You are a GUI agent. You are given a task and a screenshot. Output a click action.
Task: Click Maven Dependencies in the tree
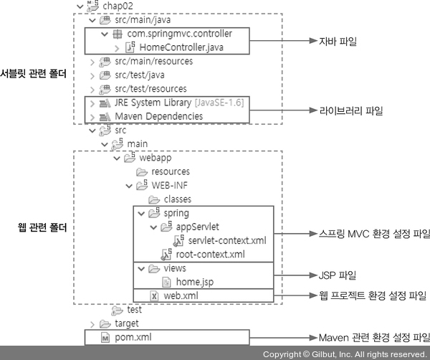pos(158,116)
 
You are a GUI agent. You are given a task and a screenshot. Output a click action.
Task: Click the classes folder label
pos(177,199)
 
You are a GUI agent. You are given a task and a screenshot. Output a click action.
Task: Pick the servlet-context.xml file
pos(222,240)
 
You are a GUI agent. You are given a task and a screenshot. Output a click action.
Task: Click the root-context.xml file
pos(210,254)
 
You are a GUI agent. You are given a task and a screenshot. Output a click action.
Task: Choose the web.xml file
pos(181,295)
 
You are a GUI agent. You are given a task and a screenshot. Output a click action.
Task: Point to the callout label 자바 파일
pos(338,42)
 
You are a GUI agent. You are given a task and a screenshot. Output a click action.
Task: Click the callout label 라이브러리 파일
pos(350,110)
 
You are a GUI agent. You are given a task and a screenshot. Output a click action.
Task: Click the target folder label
pos(127,323)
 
